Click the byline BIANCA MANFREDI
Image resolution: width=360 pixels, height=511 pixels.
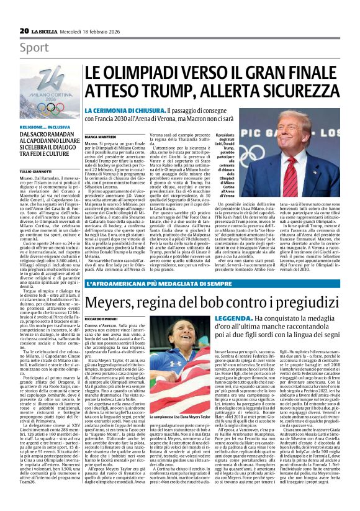(x=101, y=135)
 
